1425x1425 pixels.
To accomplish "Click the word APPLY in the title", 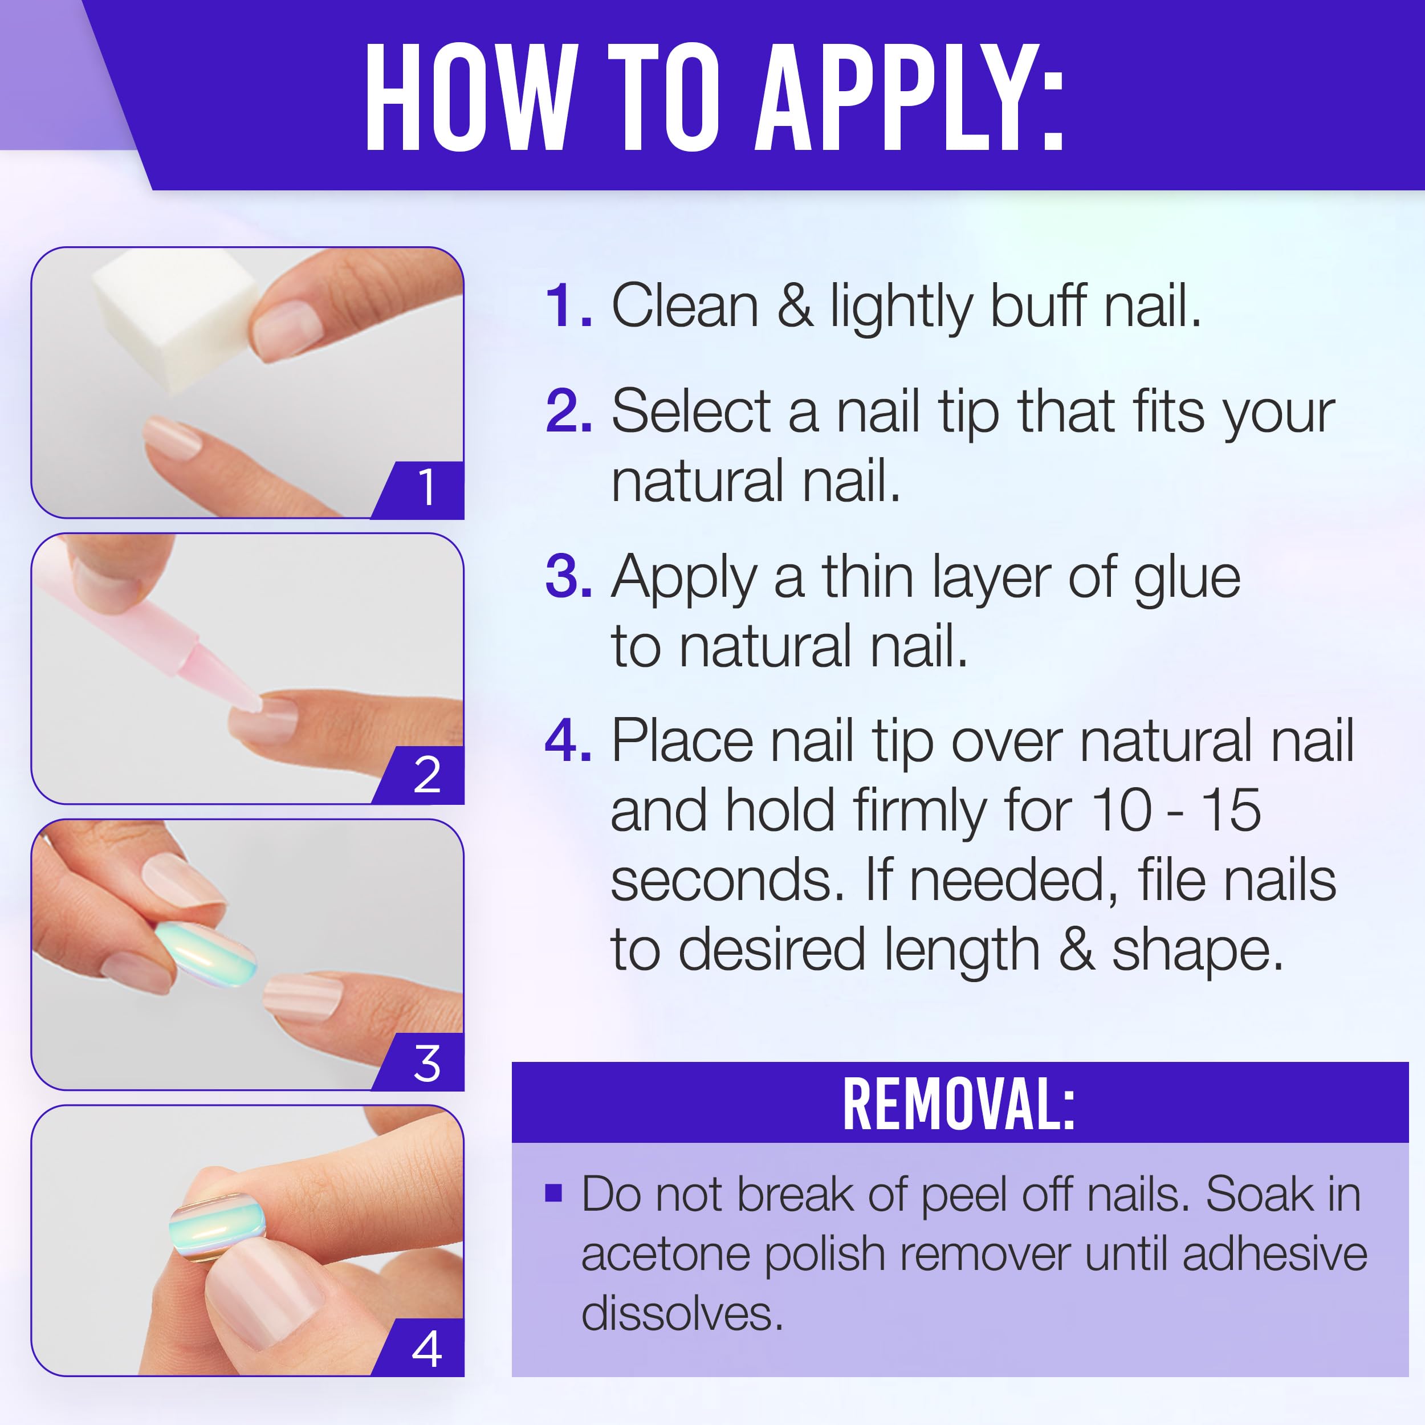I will [x=911, y=99].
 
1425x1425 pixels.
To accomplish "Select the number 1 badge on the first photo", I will [x=426, y=488].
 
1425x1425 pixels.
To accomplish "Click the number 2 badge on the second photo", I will [x=427, y=775].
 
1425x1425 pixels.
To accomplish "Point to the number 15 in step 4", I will [x=1231, y=810].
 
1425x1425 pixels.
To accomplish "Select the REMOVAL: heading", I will [x=959, y=1104].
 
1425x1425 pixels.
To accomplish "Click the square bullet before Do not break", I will [x=553, y=1194].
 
